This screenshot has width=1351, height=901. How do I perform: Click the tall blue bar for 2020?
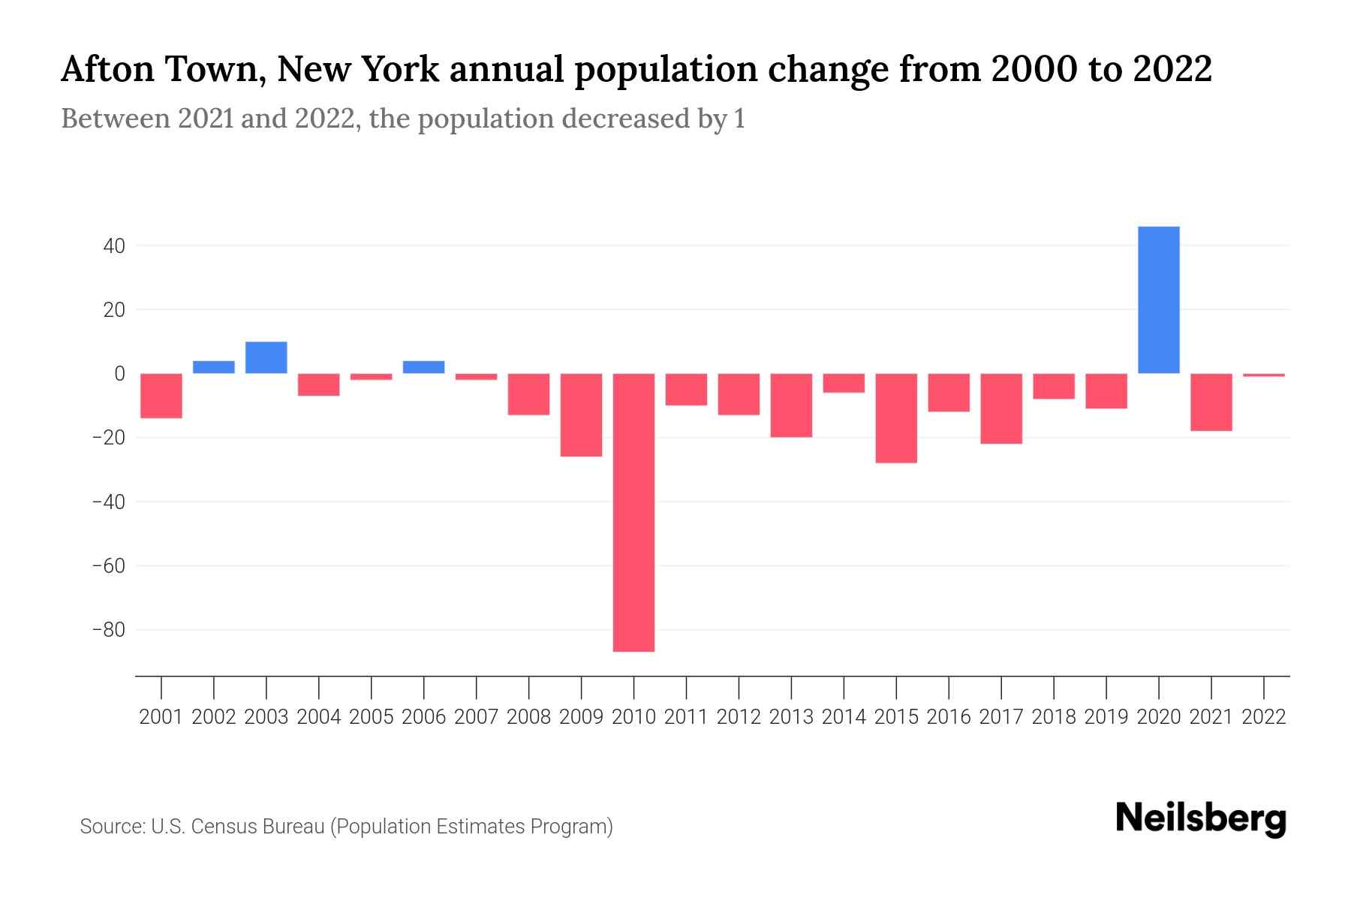pos(1158,300)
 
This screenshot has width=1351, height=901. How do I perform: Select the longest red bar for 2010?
pos(633,512)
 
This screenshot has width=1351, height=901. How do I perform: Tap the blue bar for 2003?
pos(266,358)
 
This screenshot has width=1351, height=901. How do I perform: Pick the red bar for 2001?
pos(161,396)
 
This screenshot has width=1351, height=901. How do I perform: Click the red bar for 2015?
pos(896,418)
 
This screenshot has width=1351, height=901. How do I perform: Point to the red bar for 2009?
pos(581,415)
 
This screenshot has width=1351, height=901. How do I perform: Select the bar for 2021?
pos(1211,402)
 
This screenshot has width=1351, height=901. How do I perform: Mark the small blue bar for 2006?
pos(424,367)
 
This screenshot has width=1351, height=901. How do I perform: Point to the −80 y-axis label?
pos(108,630)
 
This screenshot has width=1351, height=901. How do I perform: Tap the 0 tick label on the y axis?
pos(119,374)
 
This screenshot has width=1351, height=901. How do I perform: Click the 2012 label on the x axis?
pos(739,717)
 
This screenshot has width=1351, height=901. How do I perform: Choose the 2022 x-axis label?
pos(1264,717)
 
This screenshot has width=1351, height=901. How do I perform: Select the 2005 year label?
pos(372,717)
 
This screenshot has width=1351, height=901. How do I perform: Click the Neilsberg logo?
pos(1201,818)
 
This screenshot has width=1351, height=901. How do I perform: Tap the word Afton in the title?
pos(107,70)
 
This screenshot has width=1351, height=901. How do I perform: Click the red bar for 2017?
pos(1001,409)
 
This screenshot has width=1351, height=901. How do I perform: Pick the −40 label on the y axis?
pos(108,502)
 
